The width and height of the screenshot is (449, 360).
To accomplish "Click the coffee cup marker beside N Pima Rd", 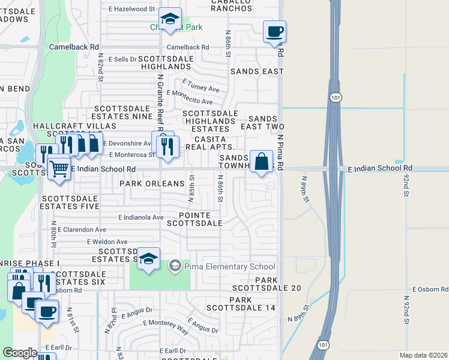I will pyautogui.click(x=274, y=31).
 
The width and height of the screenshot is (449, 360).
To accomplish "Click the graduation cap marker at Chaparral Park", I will pyautogui.click(x=171, y=20).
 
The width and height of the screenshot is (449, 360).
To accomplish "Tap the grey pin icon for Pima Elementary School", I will pyautogui.click(x=175, y=265).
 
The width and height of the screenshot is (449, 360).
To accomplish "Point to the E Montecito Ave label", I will pyautogui.click(x=190, y=97).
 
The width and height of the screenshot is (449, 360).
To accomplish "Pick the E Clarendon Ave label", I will pyautogui.click(x=80, y=229).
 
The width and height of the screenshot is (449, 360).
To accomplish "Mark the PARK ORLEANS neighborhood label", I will pyautogui.click(x=151, y=183).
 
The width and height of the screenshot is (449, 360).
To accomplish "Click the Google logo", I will pyautogui.click(x=20, y=353).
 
